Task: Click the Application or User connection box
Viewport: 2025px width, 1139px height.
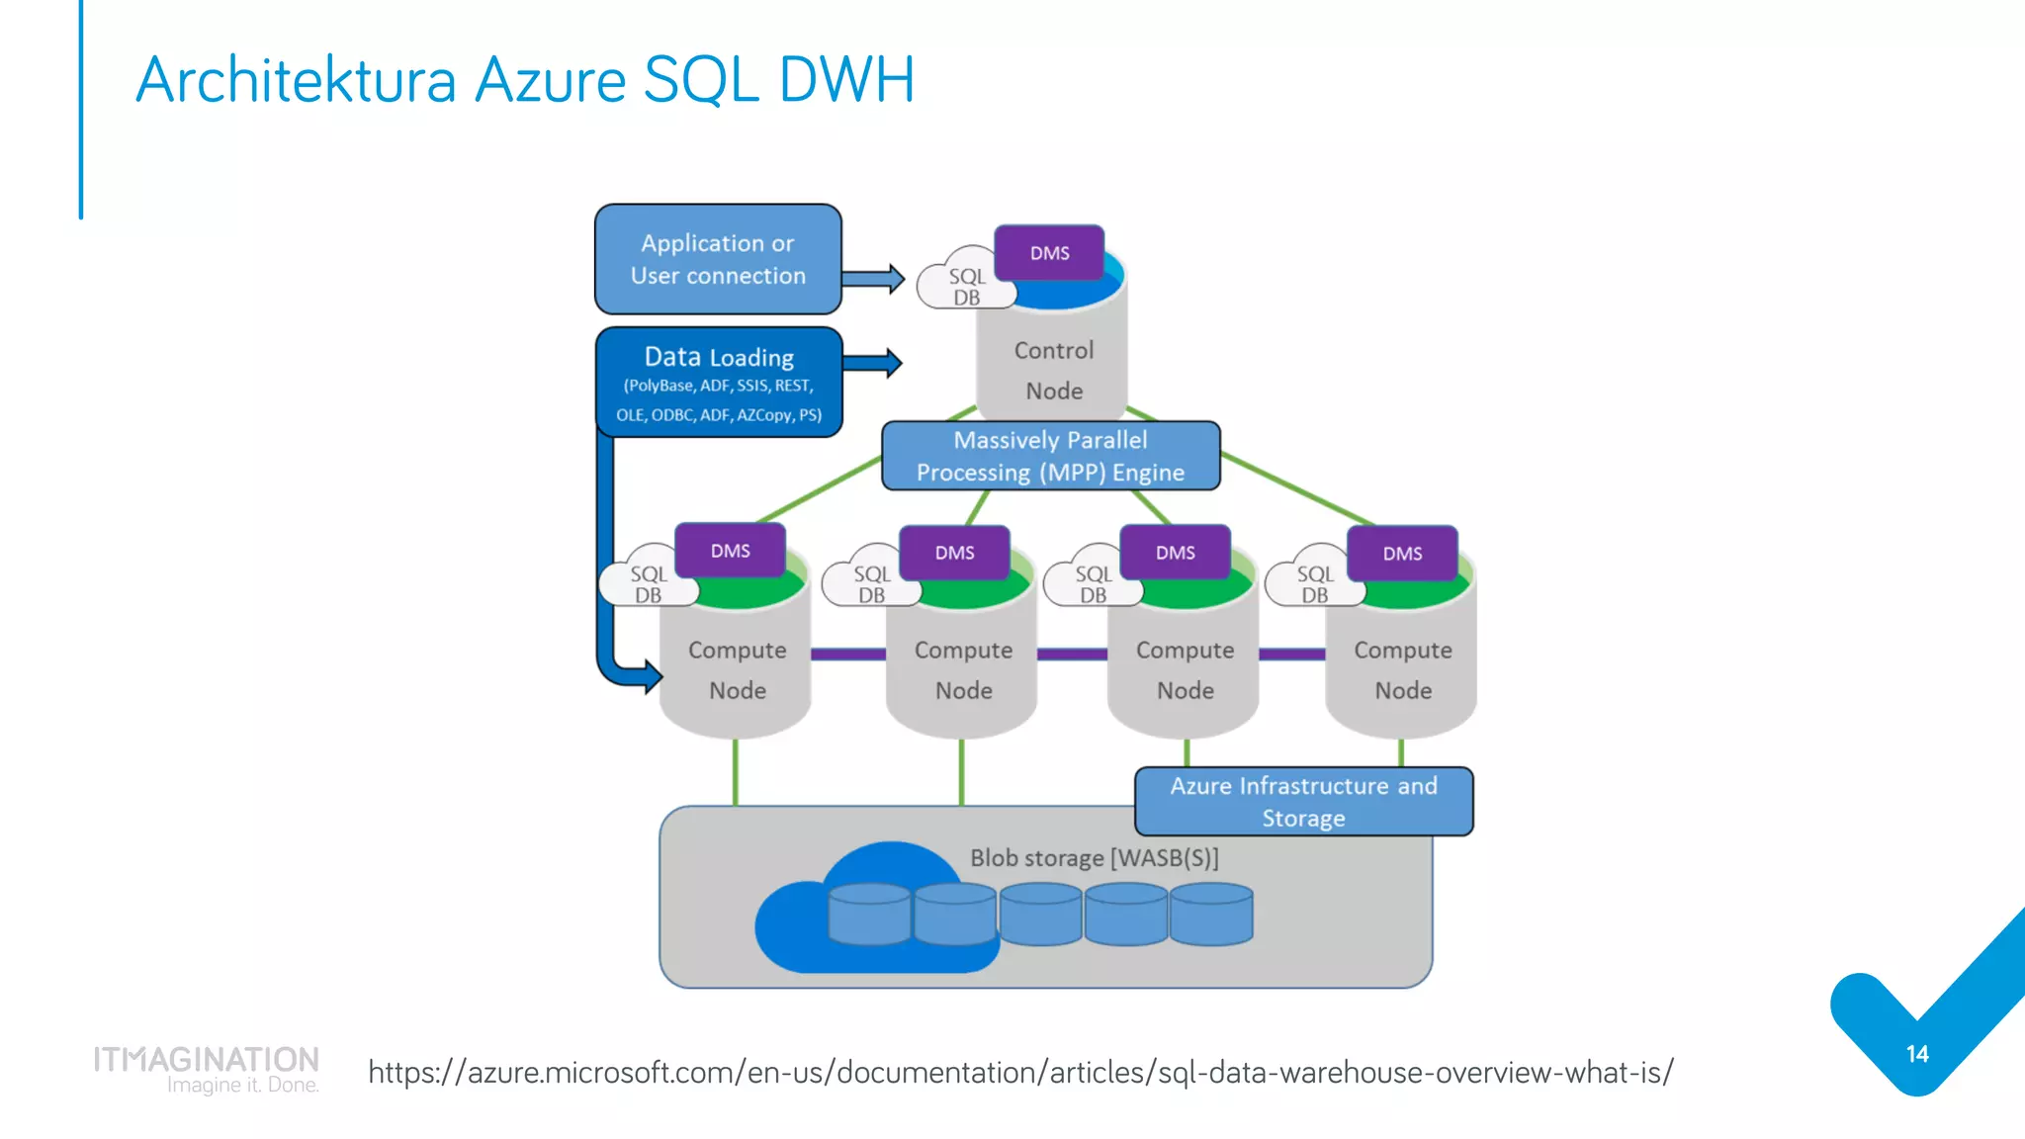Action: point(718,259)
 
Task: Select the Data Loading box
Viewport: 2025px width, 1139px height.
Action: point(719,383)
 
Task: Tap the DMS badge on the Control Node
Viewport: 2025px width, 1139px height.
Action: point(1049,253)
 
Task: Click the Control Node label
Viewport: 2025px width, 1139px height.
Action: point(1053,371)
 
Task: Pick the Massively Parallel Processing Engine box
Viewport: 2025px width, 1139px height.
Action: point(1050,456)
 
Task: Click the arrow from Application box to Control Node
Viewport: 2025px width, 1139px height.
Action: point(873,279)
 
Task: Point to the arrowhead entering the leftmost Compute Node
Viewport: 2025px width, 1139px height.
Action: point(651,677)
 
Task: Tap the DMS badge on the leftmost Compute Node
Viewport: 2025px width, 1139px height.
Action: point(730,551)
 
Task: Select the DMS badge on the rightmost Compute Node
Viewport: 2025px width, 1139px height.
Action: point(1402,554)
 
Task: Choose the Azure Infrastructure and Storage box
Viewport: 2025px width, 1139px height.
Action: point(1303,802)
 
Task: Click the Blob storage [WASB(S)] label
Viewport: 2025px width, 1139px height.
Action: point(1094,858)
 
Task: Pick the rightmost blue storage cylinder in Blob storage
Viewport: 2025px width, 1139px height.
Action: point(1211,915)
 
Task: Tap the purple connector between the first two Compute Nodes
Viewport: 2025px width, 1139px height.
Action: point(847,654)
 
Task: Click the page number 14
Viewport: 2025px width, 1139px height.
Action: point(1917,1055)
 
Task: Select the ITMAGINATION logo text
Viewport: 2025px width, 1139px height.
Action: point(207,1060)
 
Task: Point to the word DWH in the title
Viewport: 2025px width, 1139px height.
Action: point(846,80)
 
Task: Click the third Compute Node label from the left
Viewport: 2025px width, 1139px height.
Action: point(1185,669)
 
